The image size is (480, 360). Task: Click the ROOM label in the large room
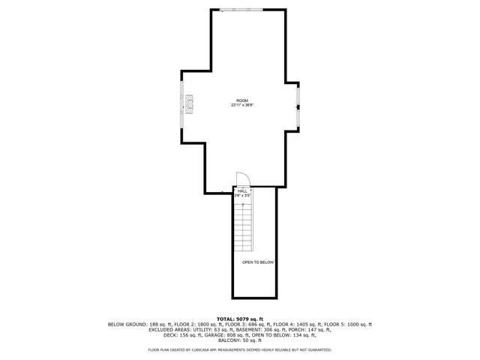coord(241,100)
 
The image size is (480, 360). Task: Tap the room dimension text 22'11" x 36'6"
coord(241,105)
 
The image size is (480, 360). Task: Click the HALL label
coord(242,191)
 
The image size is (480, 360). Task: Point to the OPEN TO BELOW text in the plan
coord(258,262)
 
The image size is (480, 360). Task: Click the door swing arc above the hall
coord(242,179)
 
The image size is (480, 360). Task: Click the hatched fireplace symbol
coord(190,104)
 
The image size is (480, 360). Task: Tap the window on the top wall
coord(241,9)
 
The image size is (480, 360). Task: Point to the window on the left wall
coord(181,105)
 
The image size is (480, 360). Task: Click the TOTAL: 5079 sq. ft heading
coord(239,319)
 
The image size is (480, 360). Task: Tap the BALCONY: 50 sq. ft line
coord(239,340)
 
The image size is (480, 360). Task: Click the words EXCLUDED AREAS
coord(168,329)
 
